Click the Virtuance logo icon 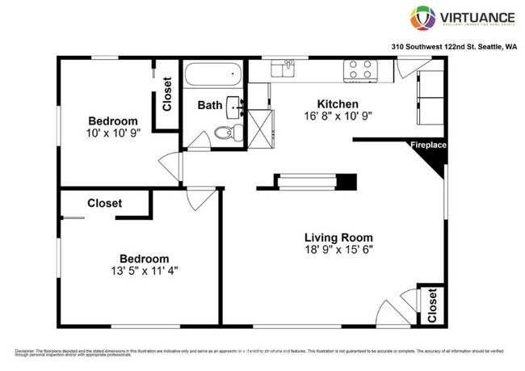[x=422, y=17]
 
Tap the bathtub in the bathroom [x=212, y=78]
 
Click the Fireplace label [x=428, y=145]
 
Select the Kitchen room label [x=338, y=103]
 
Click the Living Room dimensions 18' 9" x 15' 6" [x=338, y=250]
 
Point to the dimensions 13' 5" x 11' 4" [x=145, y=270]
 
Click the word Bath [x=210, y=105]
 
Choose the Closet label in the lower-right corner [x=432, y=306]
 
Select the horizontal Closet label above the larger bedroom [x=105, y=203]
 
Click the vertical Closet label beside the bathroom [x=167, y=94]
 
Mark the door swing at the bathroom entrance [x=199, y=142]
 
